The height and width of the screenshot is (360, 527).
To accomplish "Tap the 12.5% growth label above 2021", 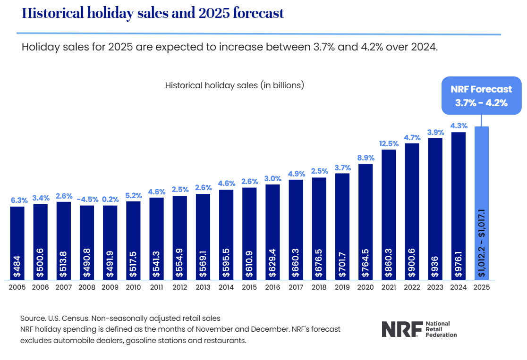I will [389, 143].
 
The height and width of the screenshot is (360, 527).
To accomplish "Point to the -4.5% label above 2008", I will [87, 199].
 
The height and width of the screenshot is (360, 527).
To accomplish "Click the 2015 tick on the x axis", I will [249, 287].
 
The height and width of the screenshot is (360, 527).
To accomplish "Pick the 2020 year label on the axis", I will [365, 287].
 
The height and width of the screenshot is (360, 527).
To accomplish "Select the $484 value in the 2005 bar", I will [17, 267].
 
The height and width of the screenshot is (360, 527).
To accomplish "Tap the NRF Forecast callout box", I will [481, 96].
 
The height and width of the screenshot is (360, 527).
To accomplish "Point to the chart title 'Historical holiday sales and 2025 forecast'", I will [153, 13].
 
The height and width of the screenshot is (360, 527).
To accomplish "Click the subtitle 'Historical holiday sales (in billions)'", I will [234, 85].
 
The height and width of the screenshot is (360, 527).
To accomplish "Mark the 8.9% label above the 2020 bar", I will [365, 158].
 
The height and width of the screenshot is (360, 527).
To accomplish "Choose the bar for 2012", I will [180, 236].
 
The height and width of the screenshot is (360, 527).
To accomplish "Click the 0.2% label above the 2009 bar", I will [110, 199].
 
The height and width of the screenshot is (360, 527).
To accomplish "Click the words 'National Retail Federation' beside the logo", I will [441, 329].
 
